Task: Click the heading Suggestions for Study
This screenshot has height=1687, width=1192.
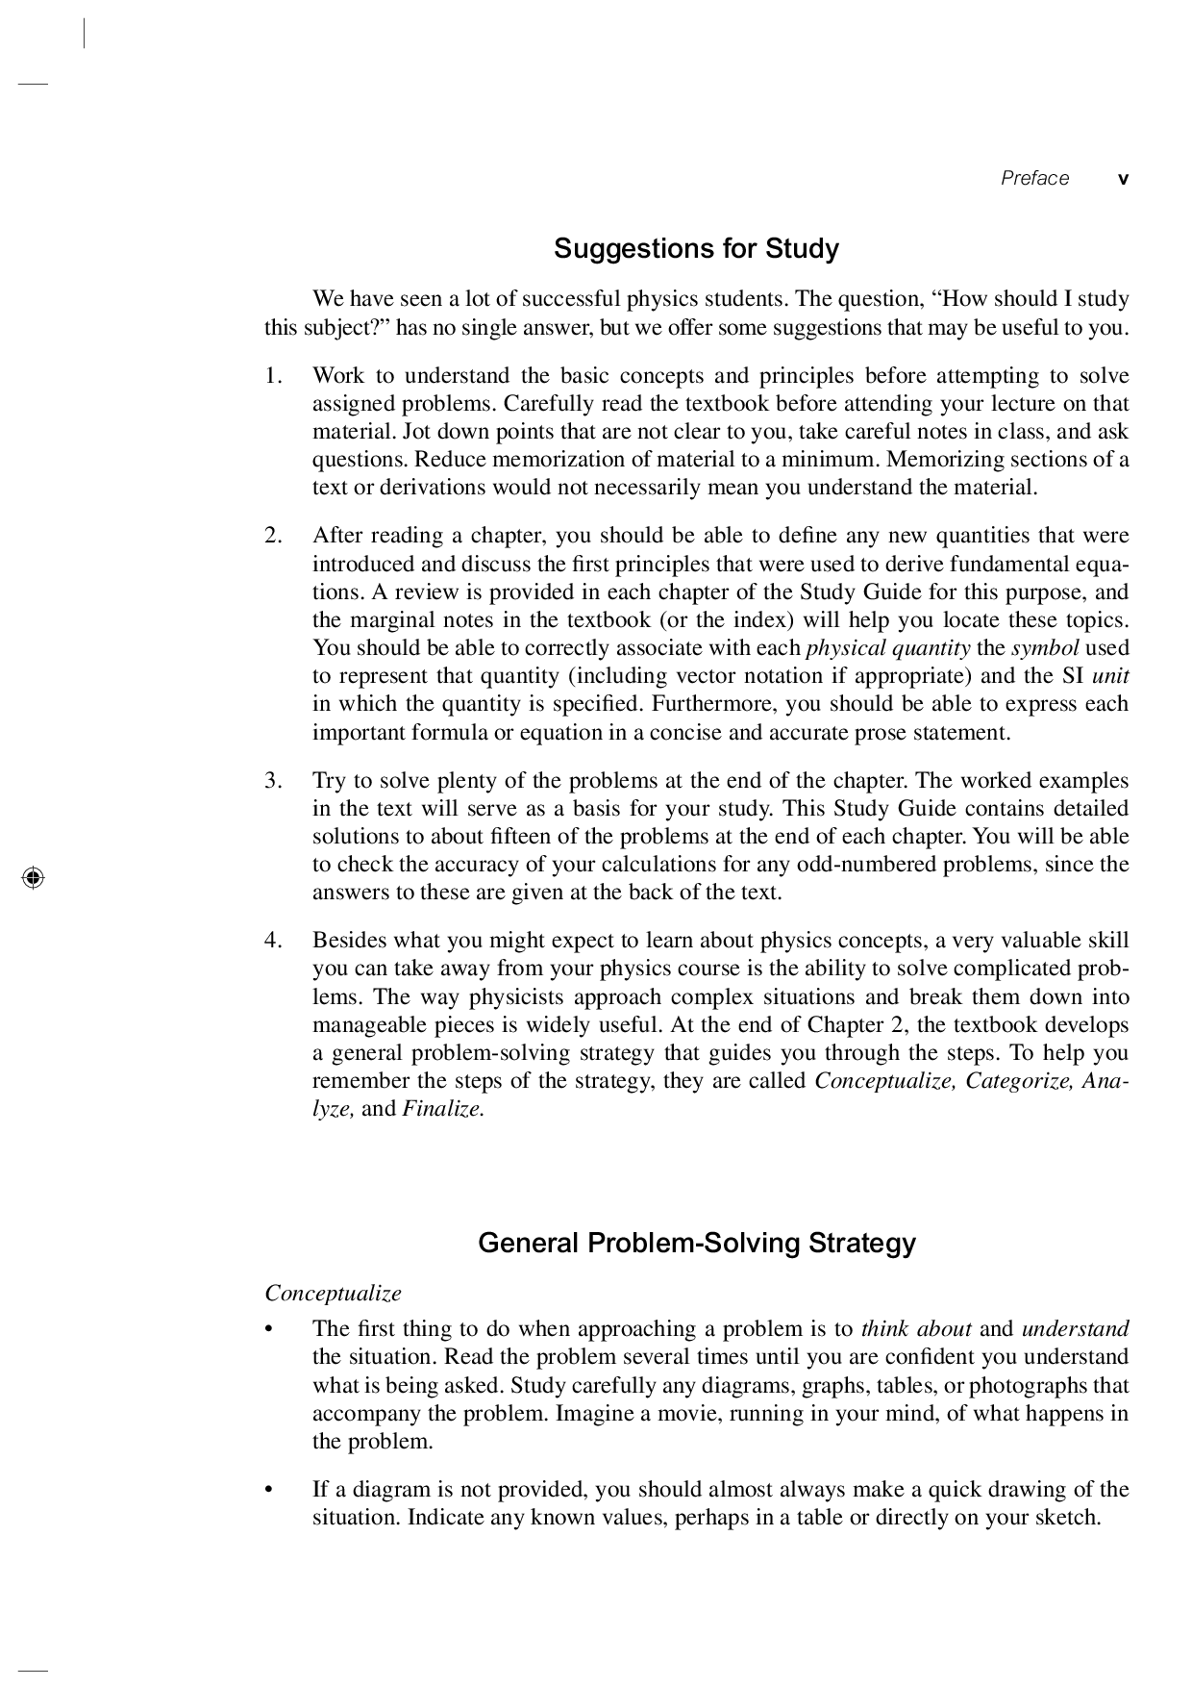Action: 696,249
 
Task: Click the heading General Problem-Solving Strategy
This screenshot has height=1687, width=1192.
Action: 696,1243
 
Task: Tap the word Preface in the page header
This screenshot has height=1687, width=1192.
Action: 1034,178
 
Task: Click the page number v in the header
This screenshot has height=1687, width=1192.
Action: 1123,179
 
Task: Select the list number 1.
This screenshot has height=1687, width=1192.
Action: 273,375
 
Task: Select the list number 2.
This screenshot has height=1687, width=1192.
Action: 273,536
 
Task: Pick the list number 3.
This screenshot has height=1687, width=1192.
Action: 273,780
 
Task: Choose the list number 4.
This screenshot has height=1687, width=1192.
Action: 273,940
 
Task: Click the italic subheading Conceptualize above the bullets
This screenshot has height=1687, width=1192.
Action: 333,1293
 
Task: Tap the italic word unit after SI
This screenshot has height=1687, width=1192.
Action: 1110,676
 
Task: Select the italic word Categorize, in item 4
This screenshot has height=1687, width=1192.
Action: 1019,1081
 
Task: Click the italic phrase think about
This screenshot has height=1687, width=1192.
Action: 915,1329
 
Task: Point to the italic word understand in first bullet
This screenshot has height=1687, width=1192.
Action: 1074,1329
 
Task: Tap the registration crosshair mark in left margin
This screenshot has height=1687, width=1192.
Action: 32,877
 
